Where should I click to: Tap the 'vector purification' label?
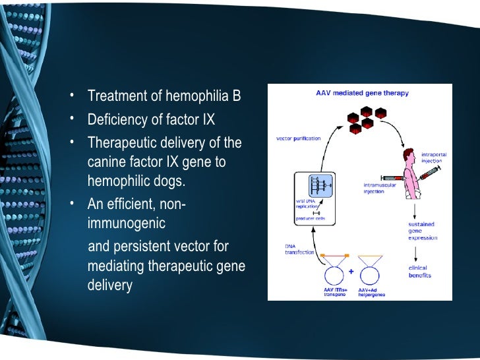[298, 138]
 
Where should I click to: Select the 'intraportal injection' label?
[434, 158]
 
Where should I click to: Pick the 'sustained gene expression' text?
[421, 233]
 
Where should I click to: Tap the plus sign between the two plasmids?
[350, 270]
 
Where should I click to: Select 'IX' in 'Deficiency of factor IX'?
[208, 120]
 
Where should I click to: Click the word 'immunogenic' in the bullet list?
[126, 224]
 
